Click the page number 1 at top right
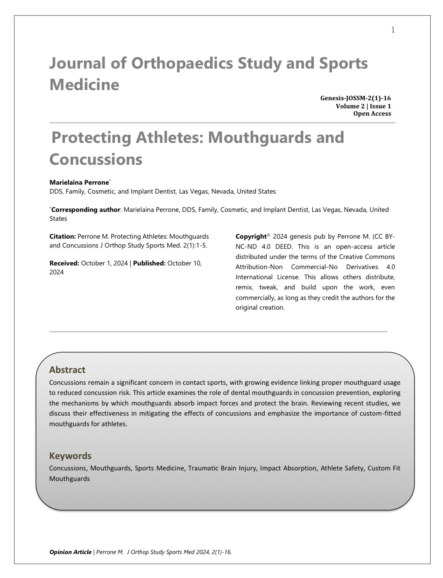click(393, 30)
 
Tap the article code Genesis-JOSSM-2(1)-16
click(355, 98)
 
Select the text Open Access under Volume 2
click(372, 114)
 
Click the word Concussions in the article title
click(96, 159)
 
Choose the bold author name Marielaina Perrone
click(79, 182)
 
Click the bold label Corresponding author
click(86, 210)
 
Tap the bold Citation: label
click(63, 236)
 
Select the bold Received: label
click(64, 263)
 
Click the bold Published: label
click(149, 263)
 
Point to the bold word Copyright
click(251, 237)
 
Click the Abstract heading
click(67, 370)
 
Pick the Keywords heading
click(70, 456)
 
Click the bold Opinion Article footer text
click(70, 552)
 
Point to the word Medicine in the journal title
click(85, 85)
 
